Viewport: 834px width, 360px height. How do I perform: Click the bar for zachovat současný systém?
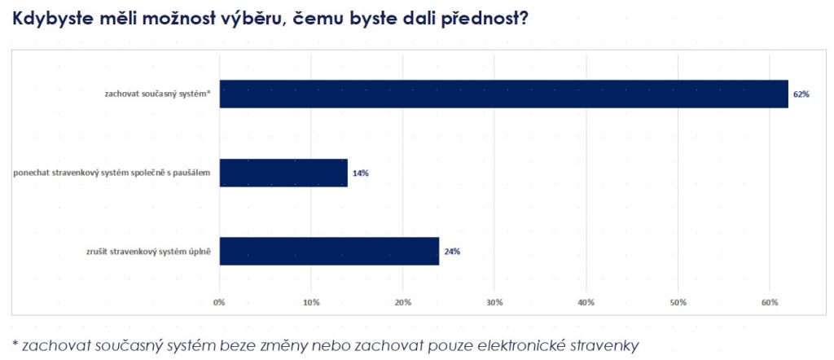pos(503,94)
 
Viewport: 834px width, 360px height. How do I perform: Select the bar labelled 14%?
pos(283,173)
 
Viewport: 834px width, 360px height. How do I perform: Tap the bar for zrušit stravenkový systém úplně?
pos(329,251)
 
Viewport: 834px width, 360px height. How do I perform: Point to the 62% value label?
pos(801,94)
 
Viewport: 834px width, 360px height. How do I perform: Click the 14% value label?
pos(360,173)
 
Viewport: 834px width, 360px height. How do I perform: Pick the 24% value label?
pos(452,252)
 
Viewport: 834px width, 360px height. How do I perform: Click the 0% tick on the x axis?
pos(219,303)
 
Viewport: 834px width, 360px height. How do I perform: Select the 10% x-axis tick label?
pos(310,303)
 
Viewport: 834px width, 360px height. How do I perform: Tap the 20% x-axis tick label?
pos(402,303)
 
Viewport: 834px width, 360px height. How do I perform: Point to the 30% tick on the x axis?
pos(494,303)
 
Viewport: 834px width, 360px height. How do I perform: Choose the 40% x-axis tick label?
pos(586,303)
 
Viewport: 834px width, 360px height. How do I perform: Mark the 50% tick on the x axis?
pos(677,303)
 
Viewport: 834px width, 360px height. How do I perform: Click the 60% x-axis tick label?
pos(769,303)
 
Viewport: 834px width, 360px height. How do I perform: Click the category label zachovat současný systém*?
pos(157,94)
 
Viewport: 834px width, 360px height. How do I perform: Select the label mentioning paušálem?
pos(112,173)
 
